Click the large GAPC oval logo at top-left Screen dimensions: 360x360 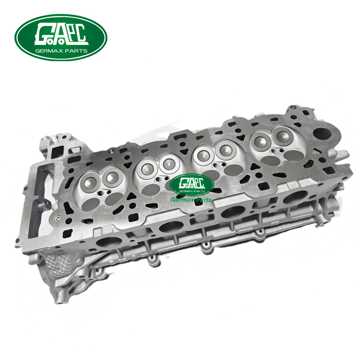(61, 37)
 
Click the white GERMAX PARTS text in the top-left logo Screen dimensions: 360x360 (61, 51)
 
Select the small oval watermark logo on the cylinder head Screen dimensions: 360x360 (192, 184)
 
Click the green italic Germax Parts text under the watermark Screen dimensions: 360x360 (191, 200)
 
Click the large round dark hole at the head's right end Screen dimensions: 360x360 (322, 134)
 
